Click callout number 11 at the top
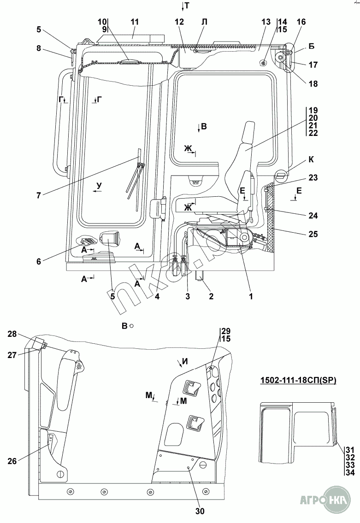[x=135, y=22]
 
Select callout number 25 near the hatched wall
[x=313, y=234]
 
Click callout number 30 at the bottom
[x=200, y=511]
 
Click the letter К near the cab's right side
[x=312, y=160]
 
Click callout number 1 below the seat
[x=251, y=297]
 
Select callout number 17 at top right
[x=313, y=65]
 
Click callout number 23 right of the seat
[x=313, y=178]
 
